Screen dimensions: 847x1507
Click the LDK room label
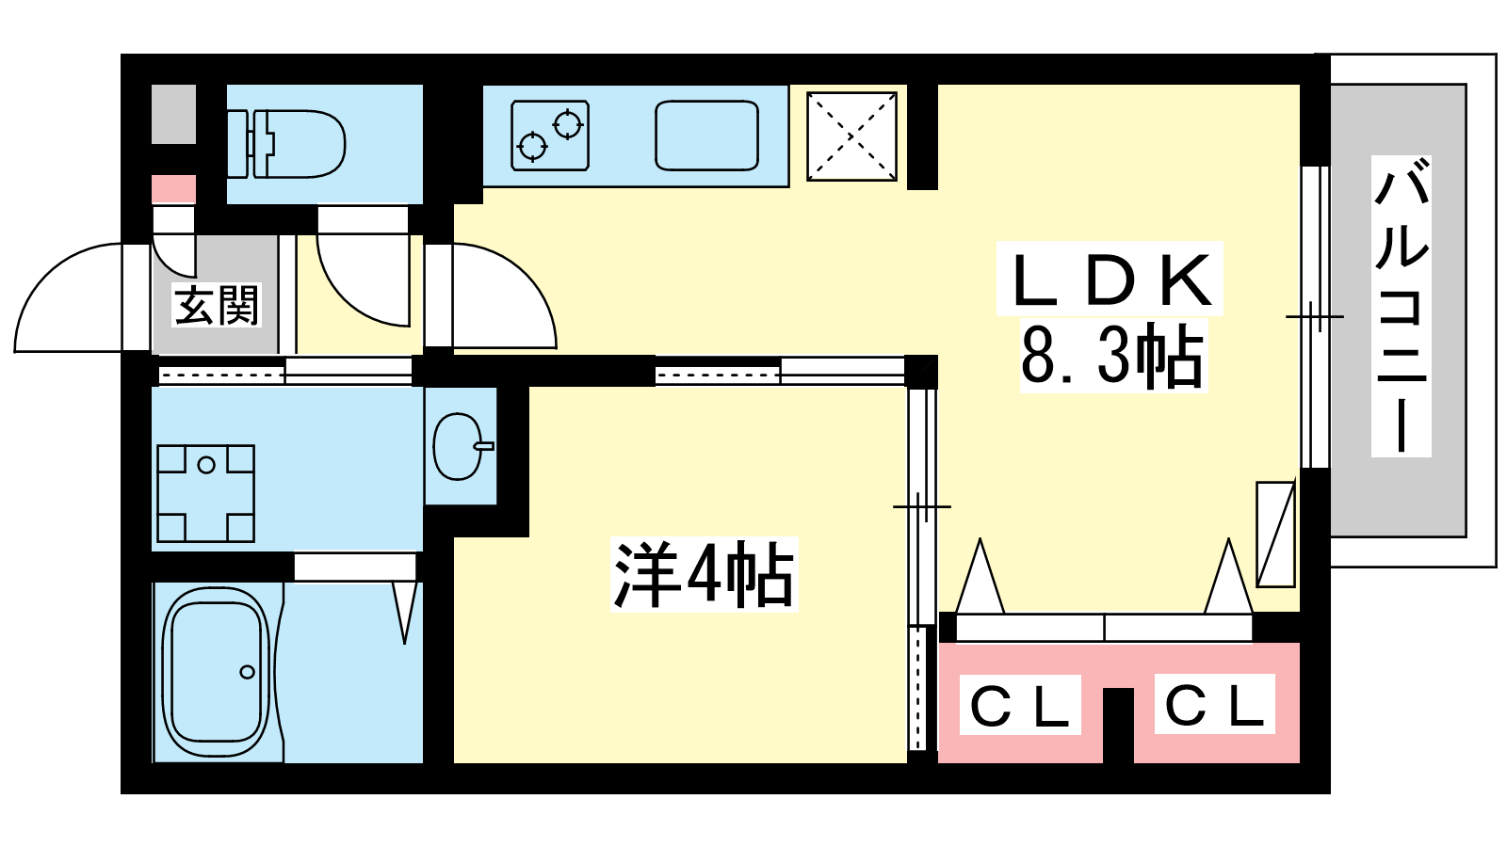click(x=1110, y=280)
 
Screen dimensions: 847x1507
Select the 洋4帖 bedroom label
click(x=704, y=574)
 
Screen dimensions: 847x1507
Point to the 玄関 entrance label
click(x=216, y=305)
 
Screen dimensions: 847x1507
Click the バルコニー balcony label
click(x=1402, y=306)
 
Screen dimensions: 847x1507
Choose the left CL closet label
click(x=1020, y=706)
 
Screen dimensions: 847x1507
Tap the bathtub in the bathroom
click(x=216, y=672)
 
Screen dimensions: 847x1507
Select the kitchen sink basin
click(x=706, y=136)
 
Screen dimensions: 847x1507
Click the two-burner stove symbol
click(x=550, y=136)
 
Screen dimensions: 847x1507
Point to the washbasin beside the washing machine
click(x=459, y=446)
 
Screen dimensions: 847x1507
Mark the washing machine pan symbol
click(x=205, y=493)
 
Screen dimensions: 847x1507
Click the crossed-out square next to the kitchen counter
click(x=851, y=136)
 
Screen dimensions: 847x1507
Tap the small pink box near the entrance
click(x=174, y=189)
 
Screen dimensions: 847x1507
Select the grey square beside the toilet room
click(x=174, y=115)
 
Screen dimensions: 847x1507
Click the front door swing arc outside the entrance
click(x=66, y=296)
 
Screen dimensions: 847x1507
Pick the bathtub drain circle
click(x=248, y=672)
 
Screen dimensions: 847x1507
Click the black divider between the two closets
click(x=1118, y=725)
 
